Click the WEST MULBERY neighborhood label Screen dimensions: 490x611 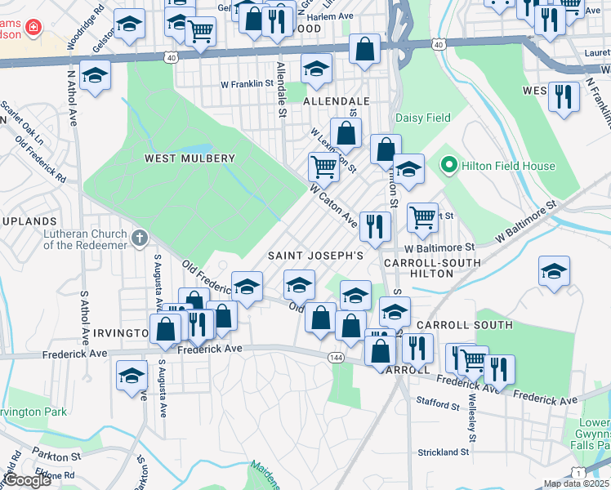point(190,158)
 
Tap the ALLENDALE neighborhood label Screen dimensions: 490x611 point(337,101)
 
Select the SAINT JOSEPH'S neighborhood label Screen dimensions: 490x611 point(316,256)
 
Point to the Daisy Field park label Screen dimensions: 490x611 point(423,118)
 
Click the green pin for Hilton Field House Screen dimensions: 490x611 point(448,166)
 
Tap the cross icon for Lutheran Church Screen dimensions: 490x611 point(140,238)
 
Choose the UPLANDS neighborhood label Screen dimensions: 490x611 point(27,221)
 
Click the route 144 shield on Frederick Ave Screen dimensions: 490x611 point(335,358)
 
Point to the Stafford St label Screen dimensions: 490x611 point(437,404)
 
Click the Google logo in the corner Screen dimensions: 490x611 point(28,480)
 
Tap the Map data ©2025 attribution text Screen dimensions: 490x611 point(576,483)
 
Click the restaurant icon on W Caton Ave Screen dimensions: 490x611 point(375,226)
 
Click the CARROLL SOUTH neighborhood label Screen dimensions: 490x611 point(465,325)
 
